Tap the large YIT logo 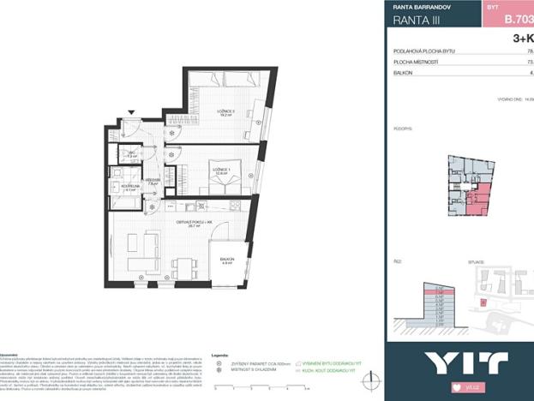pos(453,362)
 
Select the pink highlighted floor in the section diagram pos(439,291)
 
